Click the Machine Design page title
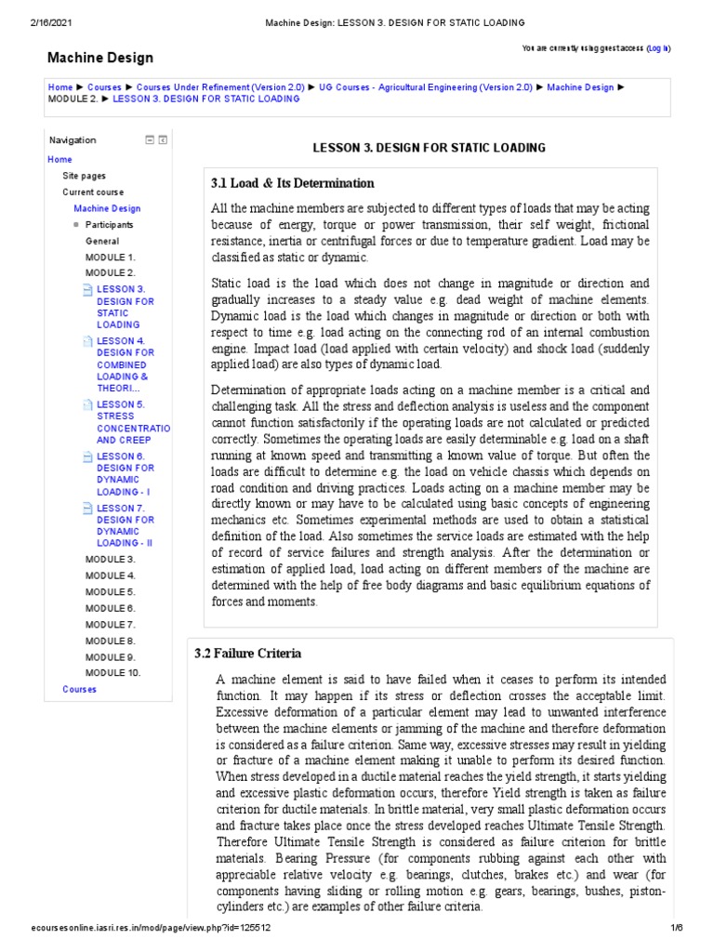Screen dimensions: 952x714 point(100,58)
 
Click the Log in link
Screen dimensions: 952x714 point(658,47)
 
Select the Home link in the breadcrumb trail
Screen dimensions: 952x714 point(59,87)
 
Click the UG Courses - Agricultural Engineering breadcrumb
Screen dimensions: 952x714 point(425,87)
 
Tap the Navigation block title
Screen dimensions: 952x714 point(73,140)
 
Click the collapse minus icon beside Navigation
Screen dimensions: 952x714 point(149,140)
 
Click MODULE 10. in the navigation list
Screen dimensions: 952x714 point(112,673)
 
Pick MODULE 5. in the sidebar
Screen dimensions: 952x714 point(110,592)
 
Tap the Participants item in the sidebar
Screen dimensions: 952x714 point(109,225)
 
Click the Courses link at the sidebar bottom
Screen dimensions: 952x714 point(79,690)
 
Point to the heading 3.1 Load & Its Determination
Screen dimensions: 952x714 point(293,184)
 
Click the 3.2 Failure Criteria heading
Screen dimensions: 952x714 point(247,654)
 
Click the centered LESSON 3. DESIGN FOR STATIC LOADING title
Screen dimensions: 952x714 point(429,148)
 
